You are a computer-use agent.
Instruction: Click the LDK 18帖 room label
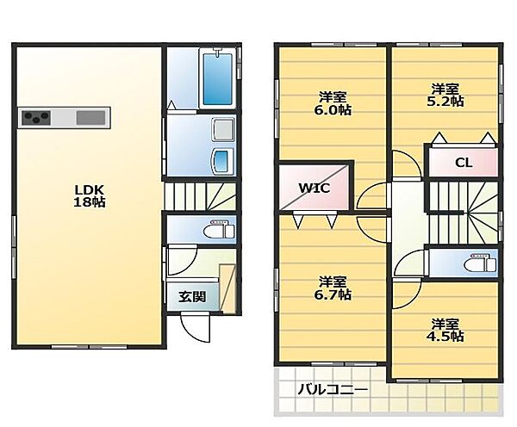(89, 196)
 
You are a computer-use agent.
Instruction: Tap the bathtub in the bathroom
(218, 78)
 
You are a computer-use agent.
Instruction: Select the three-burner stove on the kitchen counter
(36, 118)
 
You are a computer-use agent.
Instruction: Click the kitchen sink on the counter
(91, 118)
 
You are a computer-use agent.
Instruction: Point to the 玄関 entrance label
(192, 297)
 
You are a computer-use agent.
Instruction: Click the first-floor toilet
(219, 229)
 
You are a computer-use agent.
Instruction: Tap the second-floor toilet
(480, 263)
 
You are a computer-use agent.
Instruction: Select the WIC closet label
(314, 189)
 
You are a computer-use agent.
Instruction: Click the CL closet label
(464, 163)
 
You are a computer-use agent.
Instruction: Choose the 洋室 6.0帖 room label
(333, 103)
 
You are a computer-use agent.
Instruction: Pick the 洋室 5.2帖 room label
(445, 95)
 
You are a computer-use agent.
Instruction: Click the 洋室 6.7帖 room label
(333, 288)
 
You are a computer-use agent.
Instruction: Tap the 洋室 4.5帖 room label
(445, 330)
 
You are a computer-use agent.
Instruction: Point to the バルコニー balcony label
(333, 390)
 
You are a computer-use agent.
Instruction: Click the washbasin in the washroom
(223, 161)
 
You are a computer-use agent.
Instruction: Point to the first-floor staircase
(201, 196)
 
